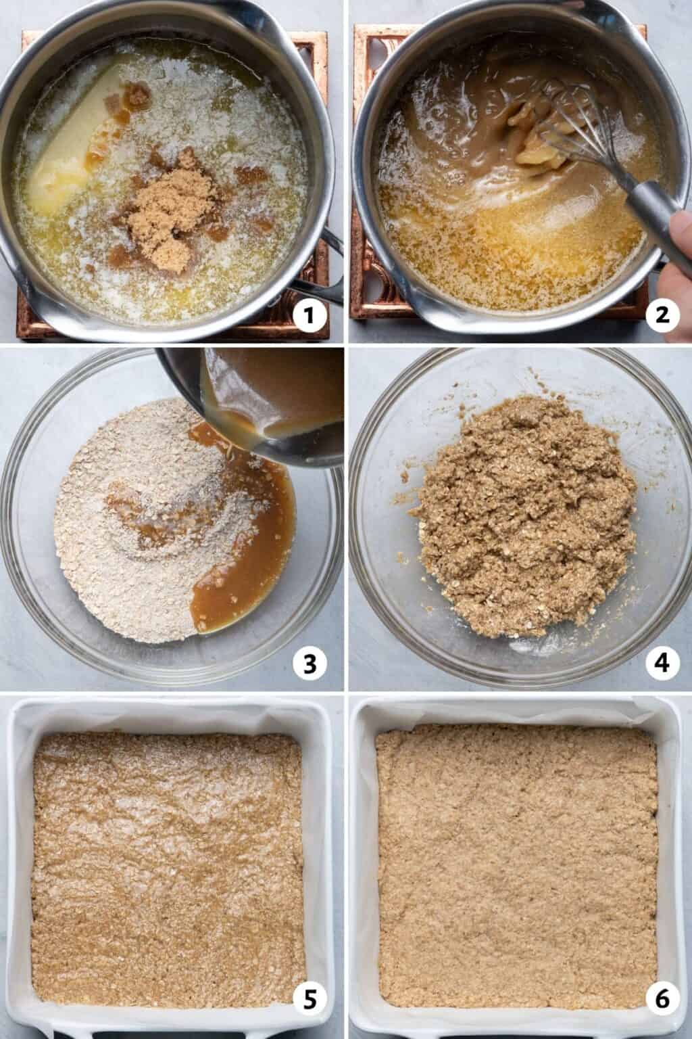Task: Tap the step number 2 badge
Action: click(x=662, y=315)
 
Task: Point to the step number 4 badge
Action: click(x=662, y=664)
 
